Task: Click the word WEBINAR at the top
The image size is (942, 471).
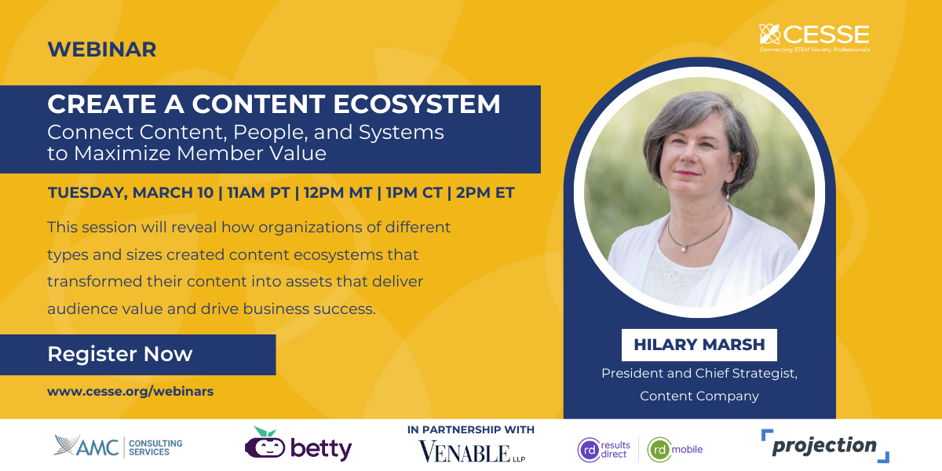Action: [x=102, y=49]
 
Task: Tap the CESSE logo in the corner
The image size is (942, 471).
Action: [x=814, y=38]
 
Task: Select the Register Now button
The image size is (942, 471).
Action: [x=120, y=354]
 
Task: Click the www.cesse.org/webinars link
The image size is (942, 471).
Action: [x=130, y=391]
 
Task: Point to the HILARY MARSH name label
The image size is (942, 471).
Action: [x=699, y=345]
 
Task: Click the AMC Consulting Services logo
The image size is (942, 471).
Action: [x=118, y=446]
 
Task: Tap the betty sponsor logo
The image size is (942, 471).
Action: [x=298, y=445]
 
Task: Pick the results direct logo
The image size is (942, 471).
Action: [x=604, y=450]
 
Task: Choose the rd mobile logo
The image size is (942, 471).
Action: [x=675, y=450]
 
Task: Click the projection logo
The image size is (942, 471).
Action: [x=824, y=446]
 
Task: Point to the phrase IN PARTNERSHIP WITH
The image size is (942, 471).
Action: [x=471, y=429]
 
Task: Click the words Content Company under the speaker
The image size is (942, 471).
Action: [x=699, y=396]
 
